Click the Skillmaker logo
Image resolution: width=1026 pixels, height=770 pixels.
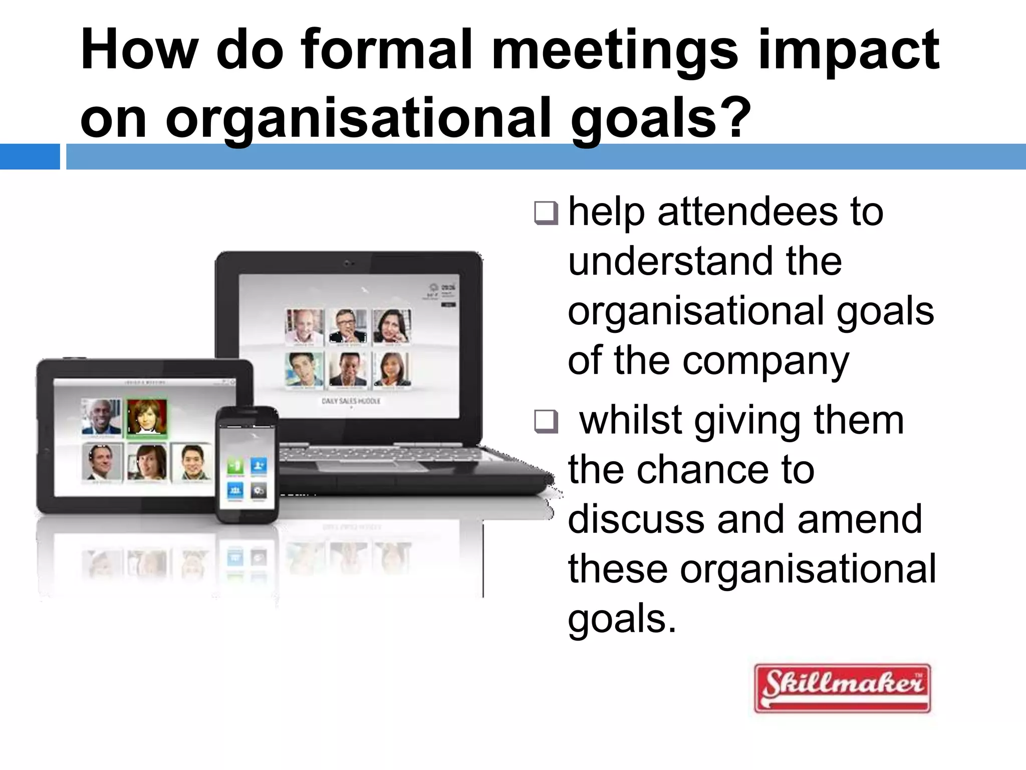842,688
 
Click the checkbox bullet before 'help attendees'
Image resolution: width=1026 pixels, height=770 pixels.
546,213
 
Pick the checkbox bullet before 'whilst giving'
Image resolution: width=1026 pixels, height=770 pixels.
546,421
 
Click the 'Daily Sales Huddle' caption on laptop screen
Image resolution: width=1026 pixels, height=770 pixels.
351,401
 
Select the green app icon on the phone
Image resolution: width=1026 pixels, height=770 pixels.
235,466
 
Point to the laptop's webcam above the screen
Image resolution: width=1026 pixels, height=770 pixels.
349,263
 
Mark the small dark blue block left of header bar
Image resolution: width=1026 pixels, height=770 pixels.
30,156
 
